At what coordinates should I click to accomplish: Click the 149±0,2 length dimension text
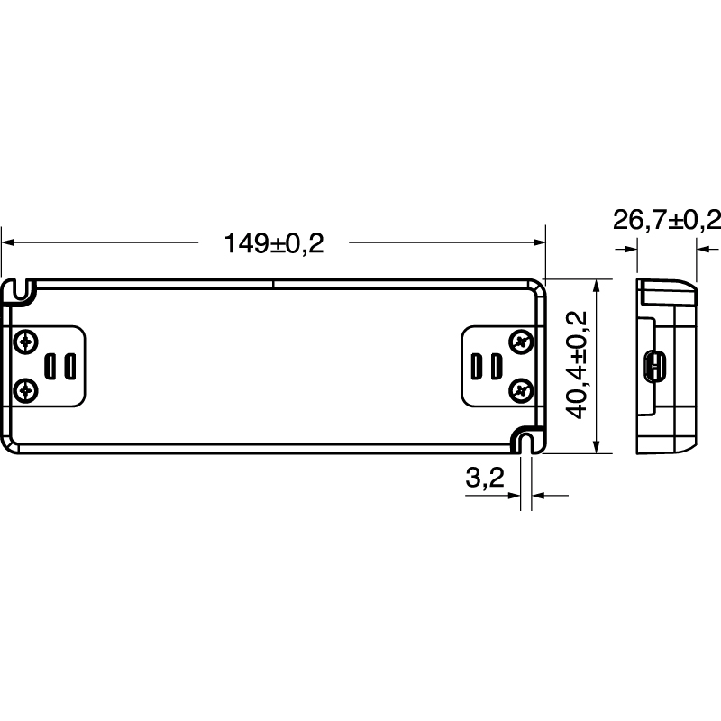(273, 243)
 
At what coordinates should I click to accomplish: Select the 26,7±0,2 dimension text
(667, 220)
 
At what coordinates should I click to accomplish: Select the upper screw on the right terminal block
(521, 342)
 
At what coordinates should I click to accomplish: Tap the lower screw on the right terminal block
(521, 390)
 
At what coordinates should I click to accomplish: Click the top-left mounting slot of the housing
(23, 289)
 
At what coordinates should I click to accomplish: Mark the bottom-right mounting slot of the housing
(527, 441)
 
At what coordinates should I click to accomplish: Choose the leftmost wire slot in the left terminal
(52, 366)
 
